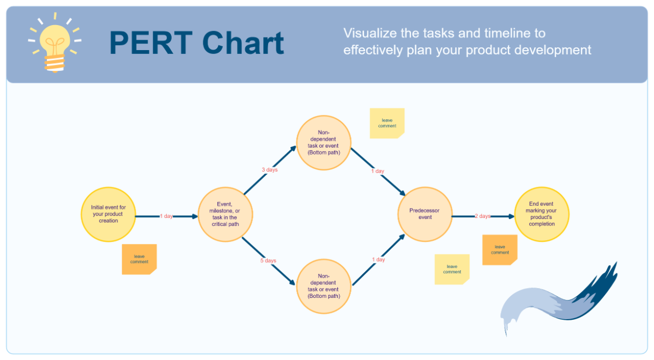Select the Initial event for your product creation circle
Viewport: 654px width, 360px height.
point(108,214)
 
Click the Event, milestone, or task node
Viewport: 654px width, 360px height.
point(225,214)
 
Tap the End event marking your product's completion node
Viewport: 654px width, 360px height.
point(541,214)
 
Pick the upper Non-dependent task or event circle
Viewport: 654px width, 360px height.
point(323,143)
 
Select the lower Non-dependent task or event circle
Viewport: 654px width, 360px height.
point(323,286)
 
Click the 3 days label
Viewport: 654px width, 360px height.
point(269,170)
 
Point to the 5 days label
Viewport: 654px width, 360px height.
point(268,261)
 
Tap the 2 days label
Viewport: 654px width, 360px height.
point(482,216)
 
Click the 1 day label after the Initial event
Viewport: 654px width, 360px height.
point(166,216)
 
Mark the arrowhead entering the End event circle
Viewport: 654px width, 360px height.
point(511,216)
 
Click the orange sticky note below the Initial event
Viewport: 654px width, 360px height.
point(139,259)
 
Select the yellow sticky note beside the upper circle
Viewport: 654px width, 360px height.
point(387,123)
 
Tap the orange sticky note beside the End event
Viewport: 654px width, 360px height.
point(500,250)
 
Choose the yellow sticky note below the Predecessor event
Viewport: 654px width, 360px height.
point(452,269)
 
